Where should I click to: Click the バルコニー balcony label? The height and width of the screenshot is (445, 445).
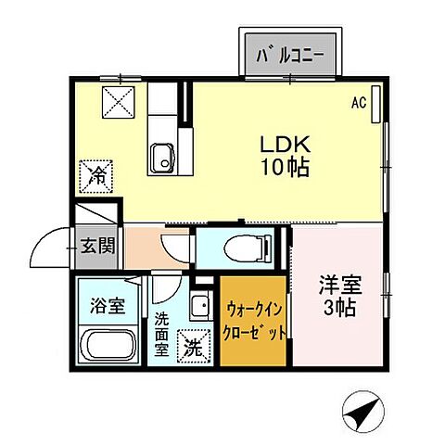290,54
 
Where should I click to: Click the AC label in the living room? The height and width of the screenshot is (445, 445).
357,104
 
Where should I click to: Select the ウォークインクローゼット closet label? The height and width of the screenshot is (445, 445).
255,320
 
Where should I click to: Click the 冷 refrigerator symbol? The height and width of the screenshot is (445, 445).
95,172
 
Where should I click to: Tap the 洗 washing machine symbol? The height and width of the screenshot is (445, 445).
192,347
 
